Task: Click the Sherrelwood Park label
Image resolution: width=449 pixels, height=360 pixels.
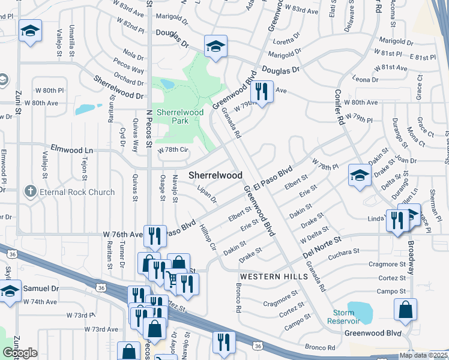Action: point(173,116)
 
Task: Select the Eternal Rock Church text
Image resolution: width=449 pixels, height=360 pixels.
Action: point(77,192)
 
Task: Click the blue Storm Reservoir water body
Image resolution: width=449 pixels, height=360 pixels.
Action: point(360,311)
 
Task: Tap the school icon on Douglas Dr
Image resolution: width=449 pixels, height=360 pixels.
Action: point(215,46)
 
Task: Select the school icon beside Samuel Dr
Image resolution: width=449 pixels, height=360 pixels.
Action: point(10,292)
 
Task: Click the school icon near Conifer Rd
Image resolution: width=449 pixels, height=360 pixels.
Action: point(359,175)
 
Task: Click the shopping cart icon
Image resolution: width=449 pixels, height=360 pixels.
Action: point(172,279)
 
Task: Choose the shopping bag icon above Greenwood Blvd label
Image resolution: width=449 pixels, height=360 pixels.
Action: point(405,309)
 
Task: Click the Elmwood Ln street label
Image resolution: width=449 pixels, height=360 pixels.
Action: point(72,147)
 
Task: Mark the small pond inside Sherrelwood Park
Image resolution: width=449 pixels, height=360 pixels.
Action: point(167,84)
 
